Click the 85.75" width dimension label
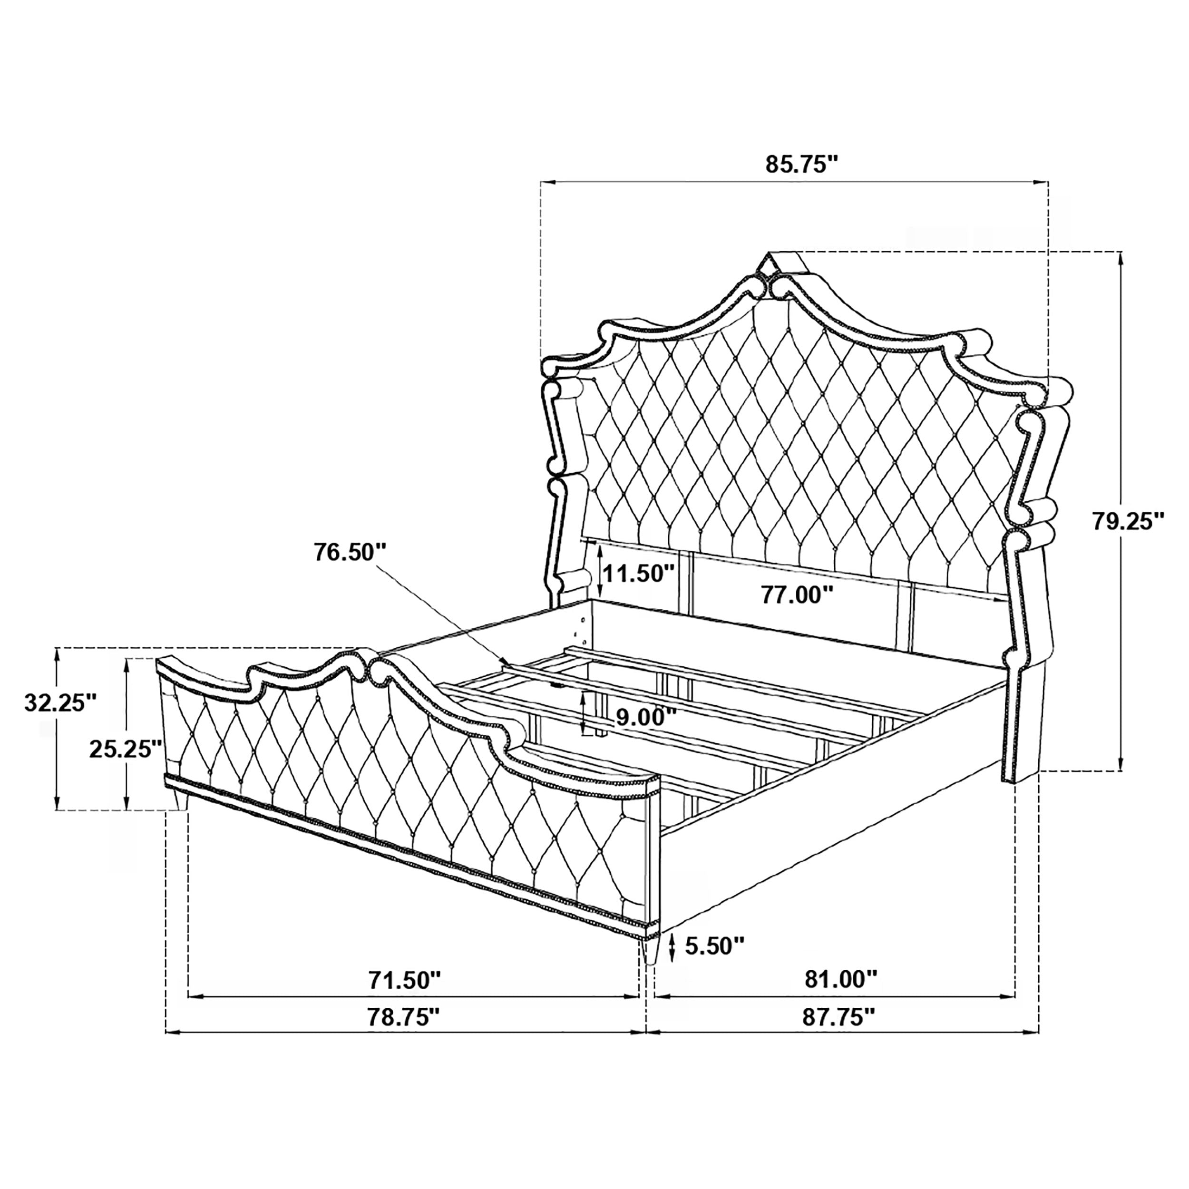tap(802, 165)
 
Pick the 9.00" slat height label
tap(646, 716)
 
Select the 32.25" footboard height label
tap(60, 702)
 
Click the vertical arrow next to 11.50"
tap(599, 570)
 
